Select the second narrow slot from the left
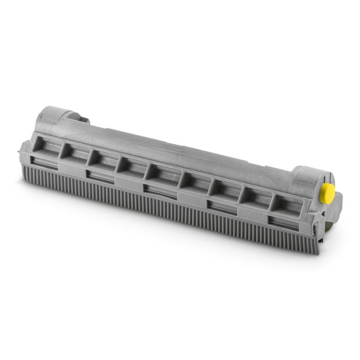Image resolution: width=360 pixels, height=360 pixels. (x=100, y=176)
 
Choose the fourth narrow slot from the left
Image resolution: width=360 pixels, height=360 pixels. (x=219, y=206)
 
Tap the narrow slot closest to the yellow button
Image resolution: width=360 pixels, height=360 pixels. (x=283, y=222)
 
